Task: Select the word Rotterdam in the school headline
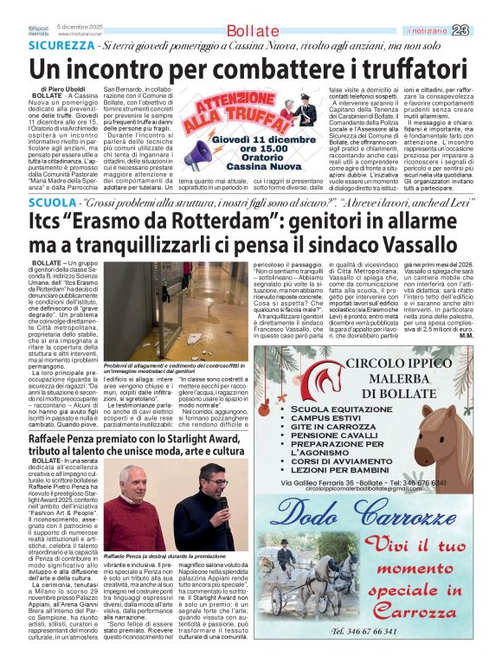(177, 222)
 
